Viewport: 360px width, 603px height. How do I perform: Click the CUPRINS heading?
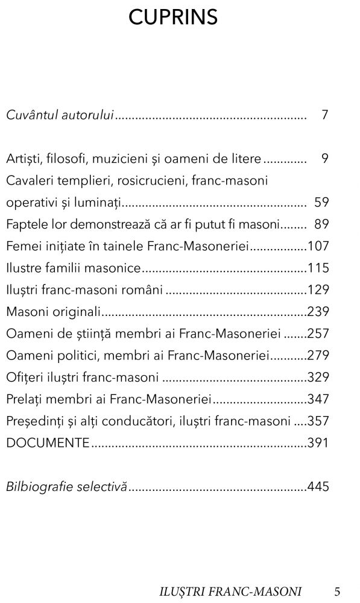[173, 18]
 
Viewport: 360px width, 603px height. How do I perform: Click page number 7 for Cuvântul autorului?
[324, 115]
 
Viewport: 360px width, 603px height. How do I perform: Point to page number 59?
[321, 202]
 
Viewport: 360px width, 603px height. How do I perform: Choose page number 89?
[321, 224]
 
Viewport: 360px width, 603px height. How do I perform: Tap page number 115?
[318, 268]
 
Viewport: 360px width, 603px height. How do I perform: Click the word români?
[144, 290]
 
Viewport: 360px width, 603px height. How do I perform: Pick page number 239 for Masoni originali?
[318, 312]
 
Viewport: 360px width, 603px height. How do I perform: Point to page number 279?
[318, 355]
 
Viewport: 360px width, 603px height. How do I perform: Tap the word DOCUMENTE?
[48, 443]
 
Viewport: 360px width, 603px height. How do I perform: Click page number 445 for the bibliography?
[318, 487]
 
